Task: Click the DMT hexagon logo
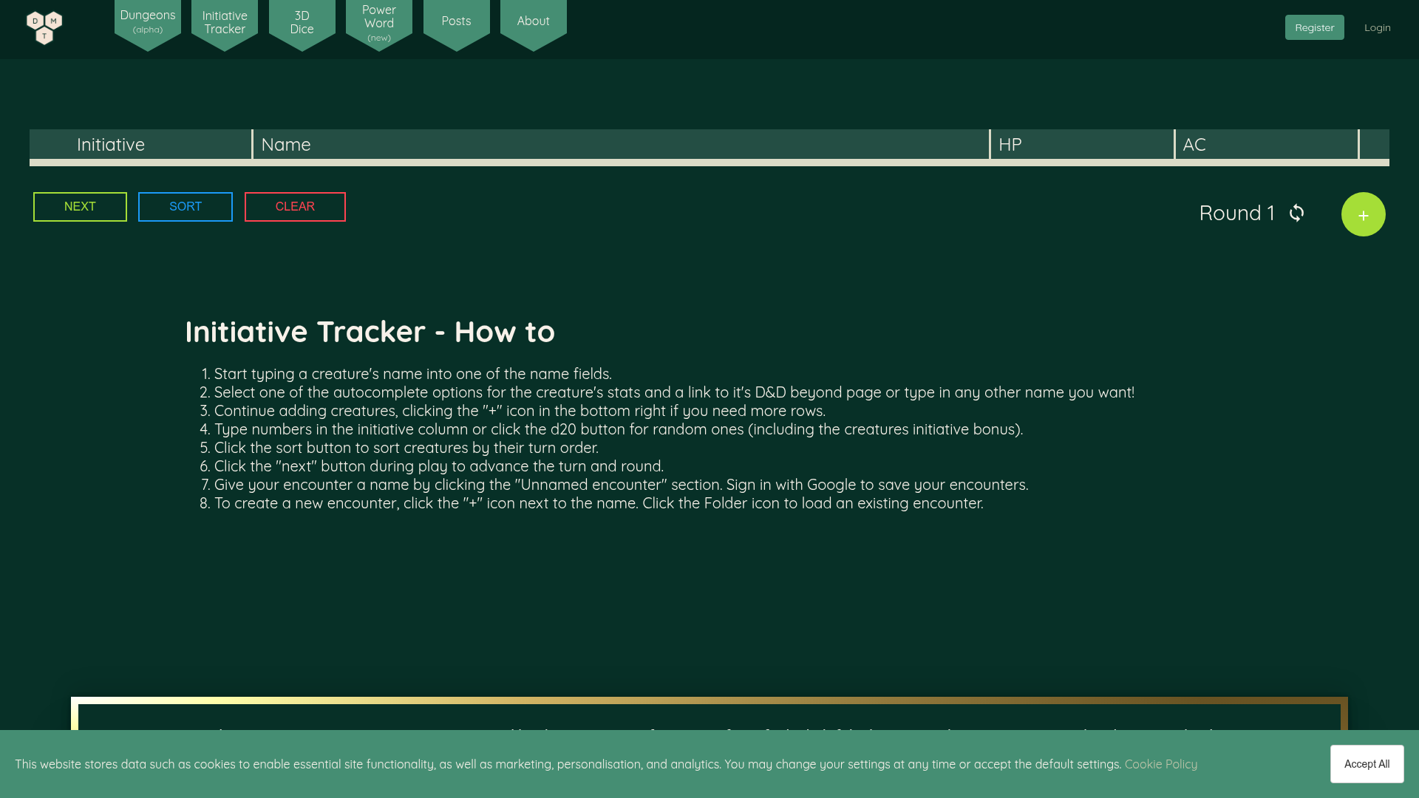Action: coord(44,28)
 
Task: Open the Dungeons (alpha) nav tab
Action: coord(148,22)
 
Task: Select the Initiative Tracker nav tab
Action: coord(225,23)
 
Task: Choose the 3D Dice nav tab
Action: coord(302,23)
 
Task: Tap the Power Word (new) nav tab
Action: coord(379,23)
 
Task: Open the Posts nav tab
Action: coord(456,21)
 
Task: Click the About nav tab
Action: coord(533,21)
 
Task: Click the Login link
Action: coord(1377,28)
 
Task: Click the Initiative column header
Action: coord(111,145)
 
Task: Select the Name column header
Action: coord(286,145)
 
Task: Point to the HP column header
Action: coord(1010,145)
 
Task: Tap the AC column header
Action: coord(1194,145)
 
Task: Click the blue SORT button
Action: coord(186,207)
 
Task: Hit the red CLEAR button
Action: coord(295,207)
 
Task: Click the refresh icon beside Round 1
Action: coord(1296,214)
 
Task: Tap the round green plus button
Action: coord(1363,214)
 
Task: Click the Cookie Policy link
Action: coord(1160,764)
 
